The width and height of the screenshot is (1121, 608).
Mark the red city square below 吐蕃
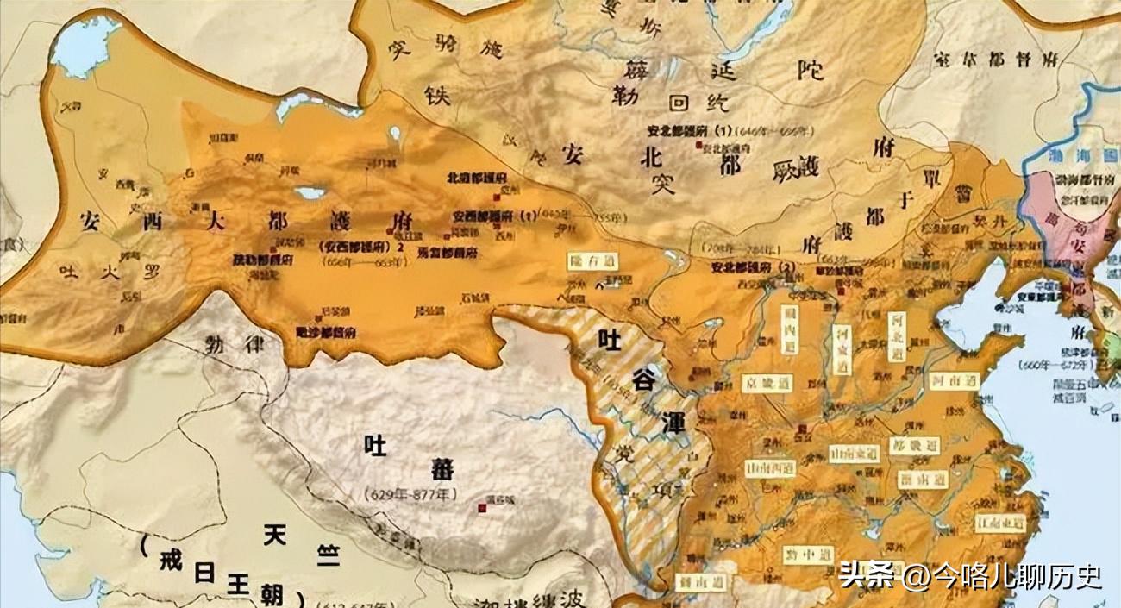click(482, 508)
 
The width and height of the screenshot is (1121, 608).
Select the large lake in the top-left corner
click(85, 47)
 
